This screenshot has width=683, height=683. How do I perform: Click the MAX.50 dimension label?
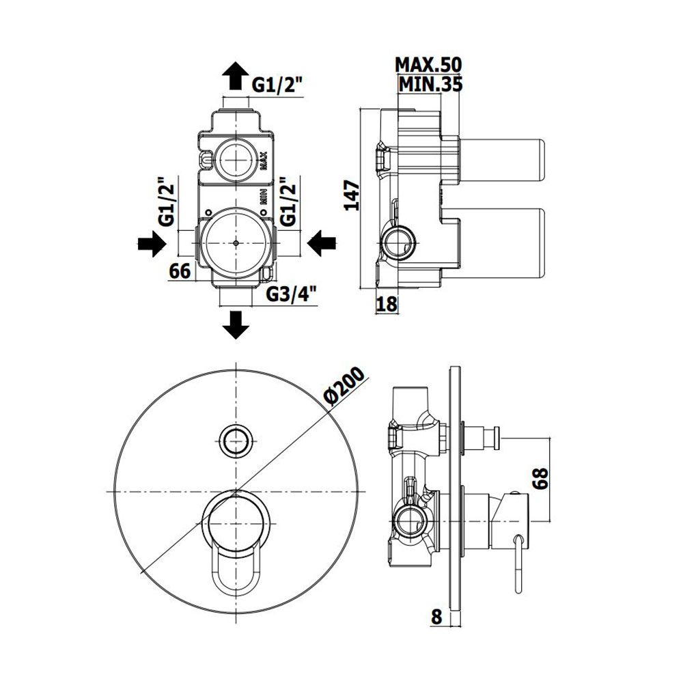click(x=428, y=65)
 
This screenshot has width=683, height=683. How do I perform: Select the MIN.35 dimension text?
click(x=430, y=85)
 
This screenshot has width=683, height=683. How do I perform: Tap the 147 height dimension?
click(x=352, y=195)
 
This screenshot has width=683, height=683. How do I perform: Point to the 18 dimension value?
click(x=387, y=304)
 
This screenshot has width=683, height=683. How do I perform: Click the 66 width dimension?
click(x=180, y=271)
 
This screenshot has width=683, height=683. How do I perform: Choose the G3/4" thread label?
click(x=291, y=294)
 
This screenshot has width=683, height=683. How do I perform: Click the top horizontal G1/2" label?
click(x=277, y=85)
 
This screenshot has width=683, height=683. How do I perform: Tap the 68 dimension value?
click(x=540, y=479)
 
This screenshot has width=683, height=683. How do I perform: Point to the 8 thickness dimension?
click(x=437, y=616)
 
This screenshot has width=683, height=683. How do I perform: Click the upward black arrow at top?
click(x=236, y=75)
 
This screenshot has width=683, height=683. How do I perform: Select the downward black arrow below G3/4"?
click(x=236, y=324)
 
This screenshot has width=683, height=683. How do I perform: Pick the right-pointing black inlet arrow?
click(x=152, y=243)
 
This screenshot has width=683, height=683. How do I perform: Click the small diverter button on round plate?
click(x=236, y=439)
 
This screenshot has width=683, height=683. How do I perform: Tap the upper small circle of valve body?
click(x=236, y=160)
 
